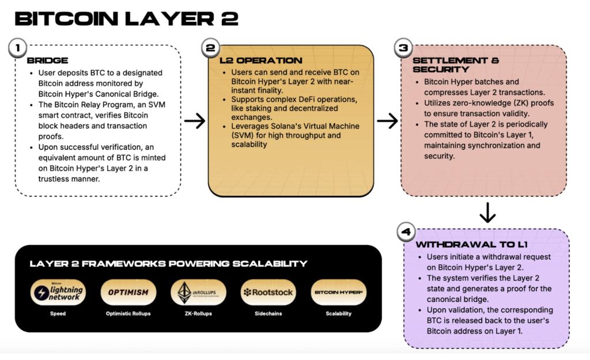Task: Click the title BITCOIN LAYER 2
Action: (126, 18)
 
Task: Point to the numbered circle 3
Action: (402, 48)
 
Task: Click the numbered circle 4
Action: (406, 233)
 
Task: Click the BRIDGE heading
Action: (47, 60)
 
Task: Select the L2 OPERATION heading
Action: (261, 60)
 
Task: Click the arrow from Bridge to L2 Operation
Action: (195, 121)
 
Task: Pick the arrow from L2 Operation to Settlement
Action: (387, 121)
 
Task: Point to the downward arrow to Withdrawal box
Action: (487, 213)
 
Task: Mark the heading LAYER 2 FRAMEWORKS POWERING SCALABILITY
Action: (168, 264)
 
